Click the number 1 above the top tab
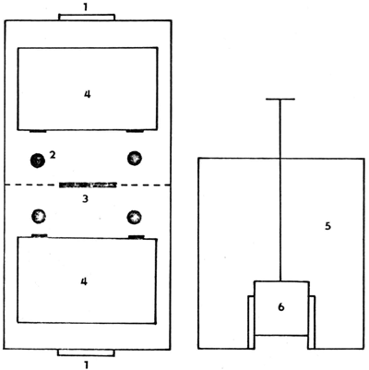tap(86, 6)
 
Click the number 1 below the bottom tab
tap(86, 364)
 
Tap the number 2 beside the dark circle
tap(54, 155)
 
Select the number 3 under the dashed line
tap(86, 197)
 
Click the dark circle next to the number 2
tap(37, 159)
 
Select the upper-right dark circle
tap(136, 158)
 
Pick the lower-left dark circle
tap(38, 217)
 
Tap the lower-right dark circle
tap(136, 218)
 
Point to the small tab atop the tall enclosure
tap(86, 17)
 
